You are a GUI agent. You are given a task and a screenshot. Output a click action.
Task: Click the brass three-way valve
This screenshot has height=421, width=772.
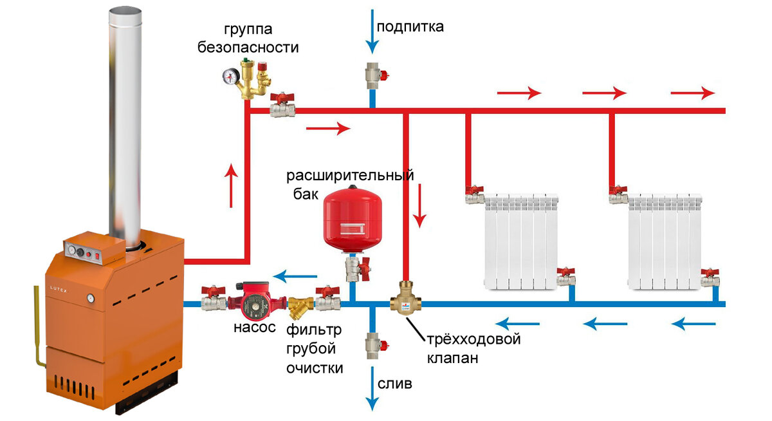tap(406, 300)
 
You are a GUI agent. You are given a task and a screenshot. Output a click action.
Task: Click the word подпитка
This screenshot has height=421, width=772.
tap(410, 26)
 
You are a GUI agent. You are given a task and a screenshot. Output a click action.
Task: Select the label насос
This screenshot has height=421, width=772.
tap(255, 328)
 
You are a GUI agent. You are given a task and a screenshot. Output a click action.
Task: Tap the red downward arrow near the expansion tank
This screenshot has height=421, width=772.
tap(420, 205)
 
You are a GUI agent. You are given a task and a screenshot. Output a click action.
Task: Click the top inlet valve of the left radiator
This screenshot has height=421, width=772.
tap(474, 193)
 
